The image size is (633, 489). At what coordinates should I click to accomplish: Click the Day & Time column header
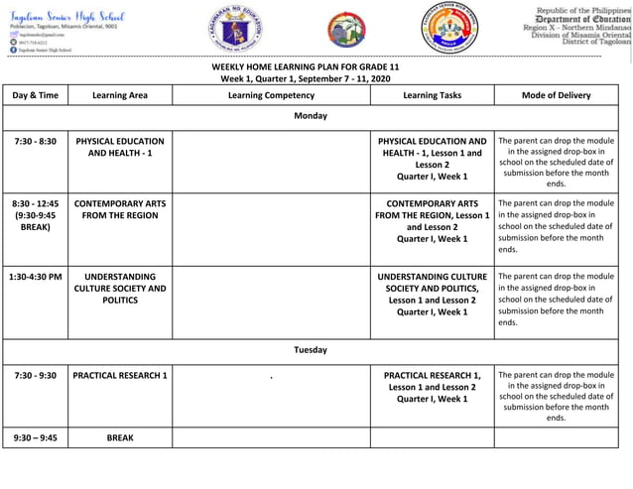tap(36, 95)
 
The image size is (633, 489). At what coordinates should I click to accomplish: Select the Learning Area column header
tap(119, 95)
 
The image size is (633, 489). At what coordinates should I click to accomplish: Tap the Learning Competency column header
tap(271, 95)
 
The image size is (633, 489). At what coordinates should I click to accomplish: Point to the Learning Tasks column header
tap(432, 95)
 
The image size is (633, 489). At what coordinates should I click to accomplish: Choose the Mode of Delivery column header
tap(556, 95)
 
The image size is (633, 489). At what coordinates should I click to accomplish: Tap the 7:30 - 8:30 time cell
tap(36, 142)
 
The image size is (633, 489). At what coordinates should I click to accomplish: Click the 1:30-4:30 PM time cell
tap(36, 277)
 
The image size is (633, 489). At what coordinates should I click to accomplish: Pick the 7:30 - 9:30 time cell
tap(36, 376)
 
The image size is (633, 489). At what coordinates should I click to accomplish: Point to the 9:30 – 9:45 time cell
tap(36, 436)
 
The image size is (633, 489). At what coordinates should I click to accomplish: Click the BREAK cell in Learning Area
tap(119, 436)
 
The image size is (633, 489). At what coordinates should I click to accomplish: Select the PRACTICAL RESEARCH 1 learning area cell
tap(119, 376)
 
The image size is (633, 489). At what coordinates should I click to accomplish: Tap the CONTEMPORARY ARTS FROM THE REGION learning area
tap(119, 209)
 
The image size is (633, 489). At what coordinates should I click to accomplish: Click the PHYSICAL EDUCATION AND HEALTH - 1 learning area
tap(119, 148)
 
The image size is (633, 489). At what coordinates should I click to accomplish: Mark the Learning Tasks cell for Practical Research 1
tap(432, 387)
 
